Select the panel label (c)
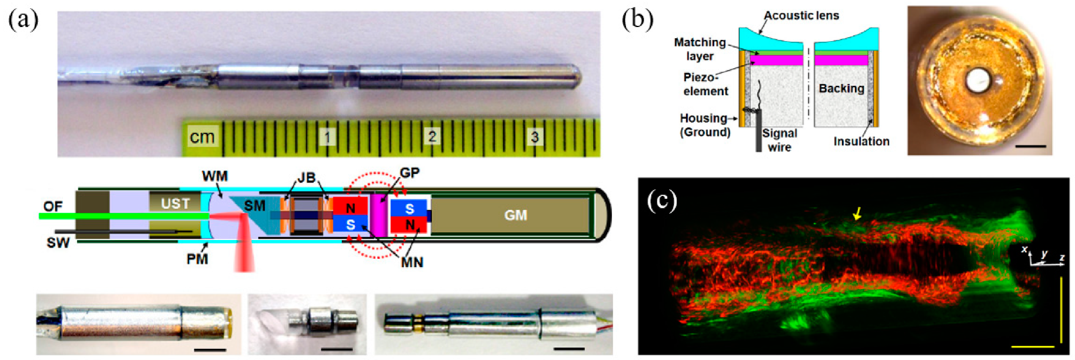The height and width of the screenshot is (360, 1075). [662, 201]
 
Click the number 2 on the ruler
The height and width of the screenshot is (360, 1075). [432, 136]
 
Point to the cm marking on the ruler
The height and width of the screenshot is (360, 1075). [202, 137]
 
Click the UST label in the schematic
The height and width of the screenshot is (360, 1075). [175, 204]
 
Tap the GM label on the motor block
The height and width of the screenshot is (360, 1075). [515, 215]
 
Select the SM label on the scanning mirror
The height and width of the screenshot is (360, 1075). [255, 205]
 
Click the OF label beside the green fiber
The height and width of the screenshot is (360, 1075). [53, 206]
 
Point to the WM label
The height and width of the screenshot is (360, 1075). [214, 176]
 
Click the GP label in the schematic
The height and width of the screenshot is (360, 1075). [410, 173]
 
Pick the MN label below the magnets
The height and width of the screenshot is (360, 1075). [412, 262]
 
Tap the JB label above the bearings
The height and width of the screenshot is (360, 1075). [306, 177]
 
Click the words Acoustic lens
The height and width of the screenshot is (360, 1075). [801, 16]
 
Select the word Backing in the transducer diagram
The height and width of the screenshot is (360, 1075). [841, 88]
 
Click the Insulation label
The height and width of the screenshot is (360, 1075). [861, 141]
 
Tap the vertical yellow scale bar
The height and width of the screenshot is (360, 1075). [1061, 309]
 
